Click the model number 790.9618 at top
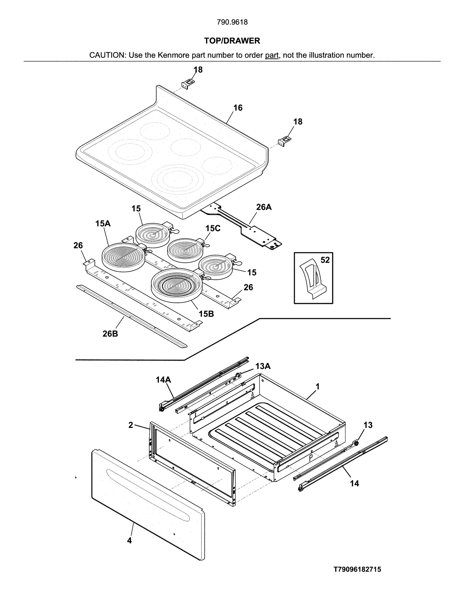(x=232, y=22)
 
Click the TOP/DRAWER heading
(x=232, y=41)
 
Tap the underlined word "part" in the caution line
(x=271, y=55)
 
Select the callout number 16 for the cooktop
(x=238, y=108)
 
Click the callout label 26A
(x=264, y=207)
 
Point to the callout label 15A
(x=103, y=223)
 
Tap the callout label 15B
(x=206, y=314)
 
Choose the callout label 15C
(x=213, y=228)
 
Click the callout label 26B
(x=110, y=334)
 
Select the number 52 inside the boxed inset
(x=325, y=260)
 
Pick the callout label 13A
(x=263, y=366)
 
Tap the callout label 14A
(x=163, y=380)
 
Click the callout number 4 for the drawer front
(x=129, y=541)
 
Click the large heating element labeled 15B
(x=176, y=284)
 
